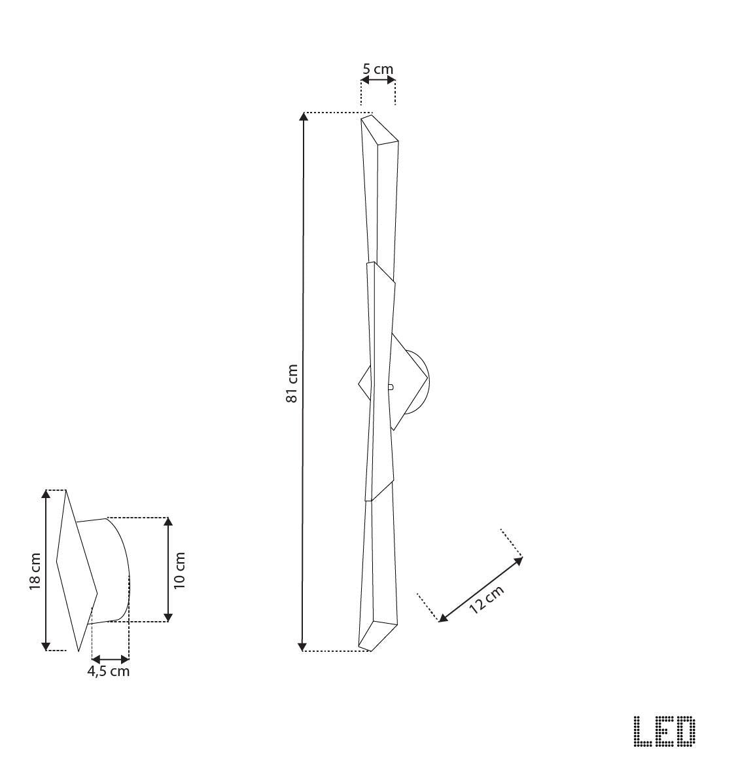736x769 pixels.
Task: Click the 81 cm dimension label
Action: pos(292,384)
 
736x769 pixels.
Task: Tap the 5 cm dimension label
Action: pos(378,68)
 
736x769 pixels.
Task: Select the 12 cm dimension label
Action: pos(487,599)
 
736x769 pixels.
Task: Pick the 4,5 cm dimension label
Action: pos(109,671)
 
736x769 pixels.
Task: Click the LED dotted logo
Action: pos(665,731)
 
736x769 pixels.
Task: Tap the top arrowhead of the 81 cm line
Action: pos(303,117)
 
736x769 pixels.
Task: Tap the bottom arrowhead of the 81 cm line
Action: pos(303,647)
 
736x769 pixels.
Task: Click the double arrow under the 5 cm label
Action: pos(378,80)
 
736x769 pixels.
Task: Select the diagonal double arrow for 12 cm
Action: pos(481,588)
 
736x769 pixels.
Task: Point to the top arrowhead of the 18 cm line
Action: pos(46,495)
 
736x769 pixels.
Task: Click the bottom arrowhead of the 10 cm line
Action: pos(168,617)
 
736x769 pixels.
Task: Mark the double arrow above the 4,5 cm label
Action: pos(111,658)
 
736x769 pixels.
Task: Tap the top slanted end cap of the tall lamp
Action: pos(380,129)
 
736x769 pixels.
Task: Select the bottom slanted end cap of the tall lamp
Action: pos(377,635)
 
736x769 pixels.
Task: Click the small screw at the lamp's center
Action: pos(390,387)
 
